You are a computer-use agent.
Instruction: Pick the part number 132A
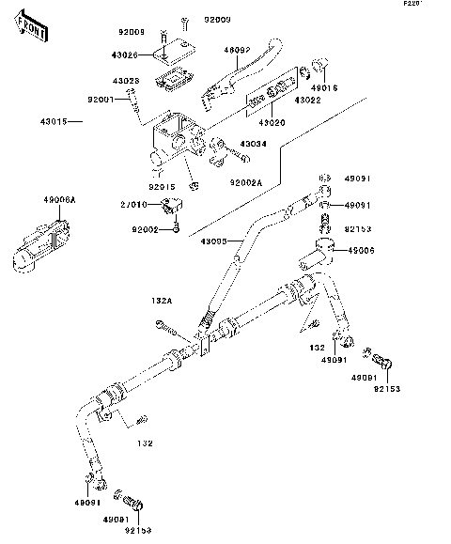coord(162,302)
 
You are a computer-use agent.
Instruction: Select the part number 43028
coord(127,81)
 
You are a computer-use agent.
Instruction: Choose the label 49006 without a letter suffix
coord(362,252)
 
